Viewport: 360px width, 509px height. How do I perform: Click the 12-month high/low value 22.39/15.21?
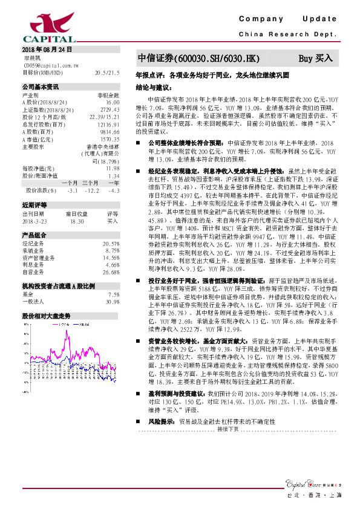[106, 117]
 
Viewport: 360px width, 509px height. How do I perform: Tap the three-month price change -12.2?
[92, 191]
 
